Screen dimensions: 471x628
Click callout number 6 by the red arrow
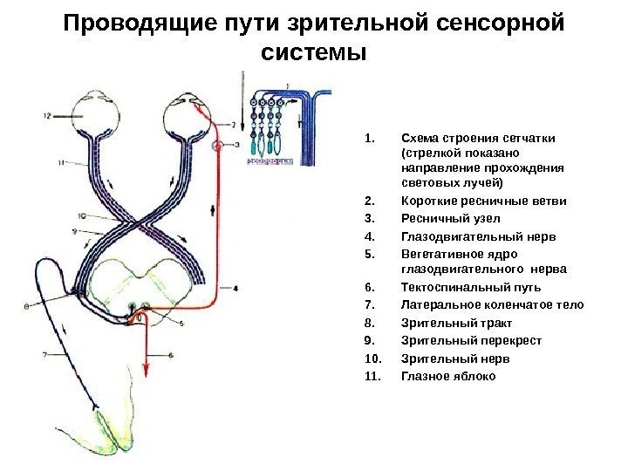coord(171,355)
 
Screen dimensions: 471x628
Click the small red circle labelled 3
coord(216,145)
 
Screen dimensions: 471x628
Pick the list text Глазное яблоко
coord(447,376)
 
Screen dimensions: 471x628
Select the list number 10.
coord(371,358)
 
